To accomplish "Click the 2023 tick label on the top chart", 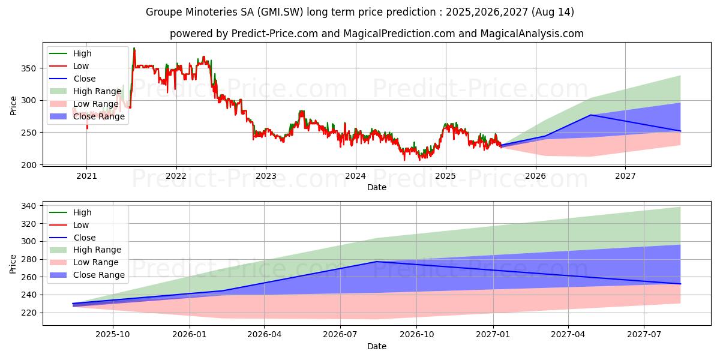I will (x=266, y=176).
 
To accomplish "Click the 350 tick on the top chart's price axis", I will (x=30, y=68).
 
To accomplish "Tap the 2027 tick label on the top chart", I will (x=625, y=176).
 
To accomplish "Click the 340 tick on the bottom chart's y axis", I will (x=30, y=206).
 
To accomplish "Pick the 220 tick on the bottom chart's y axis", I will (x=30, y=313).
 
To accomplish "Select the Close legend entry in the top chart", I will (x=85, y=79).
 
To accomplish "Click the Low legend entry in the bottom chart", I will (x=81, y=225).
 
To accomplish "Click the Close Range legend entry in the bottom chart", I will (x=99, y=275).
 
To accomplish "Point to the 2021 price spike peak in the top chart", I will (x=134, y=48).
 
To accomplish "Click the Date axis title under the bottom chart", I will (x=377, y=346).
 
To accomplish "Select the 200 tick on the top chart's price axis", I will (x=30, y=164).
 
